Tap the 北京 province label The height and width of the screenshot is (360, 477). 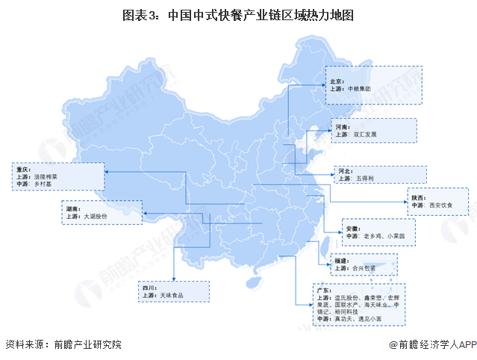tap(337, 79)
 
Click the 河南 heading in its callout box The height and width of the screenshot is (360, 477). tap(342, 127)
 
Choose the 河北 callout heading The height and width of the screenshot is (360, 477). tap(344, 170)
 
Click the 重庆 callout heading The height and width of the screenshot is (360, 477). tap(20, 170)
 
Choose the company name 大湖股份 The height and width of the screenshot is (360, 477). tap(96, 216)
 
